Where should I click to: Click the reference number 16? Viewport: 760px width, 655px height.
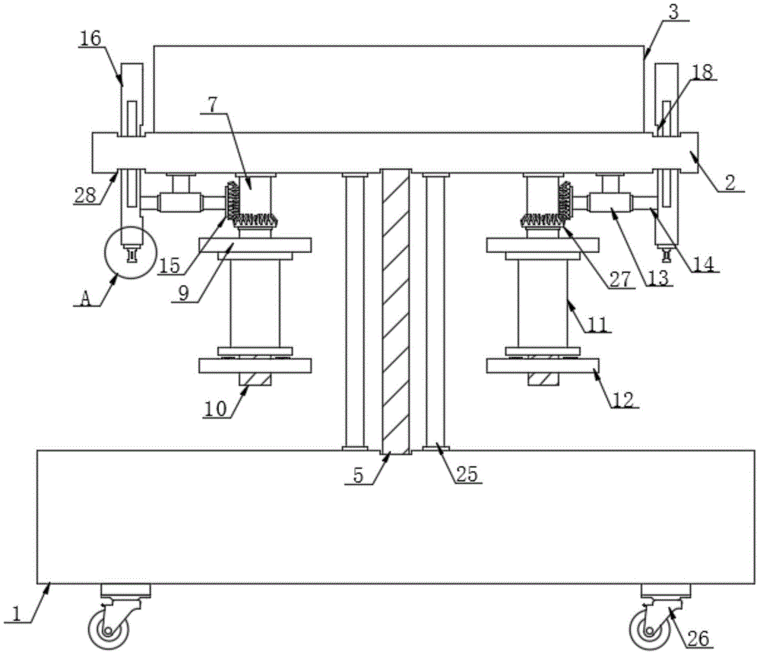pyautogui.click(x=90, y=38)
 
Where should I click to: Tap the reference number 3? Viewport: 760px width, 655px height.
pyautogui.click(x=674, y=12)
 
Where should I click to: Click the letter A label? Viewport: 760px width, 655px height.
pyautogui.click(x=85, y=299)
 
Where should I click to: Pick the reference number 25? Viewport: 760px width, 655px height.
pyautogui.click(x=467, y=474)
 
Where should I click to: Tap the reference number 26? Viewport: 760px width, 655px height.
pyautogui.click(x=698, y=638)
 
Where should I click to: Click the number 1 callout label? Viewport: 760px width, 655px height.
pyautogui.click(x=17, y=614)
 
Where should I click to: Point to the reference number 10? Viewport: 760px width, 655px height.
pyautogui.click(x=215, y=409)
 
